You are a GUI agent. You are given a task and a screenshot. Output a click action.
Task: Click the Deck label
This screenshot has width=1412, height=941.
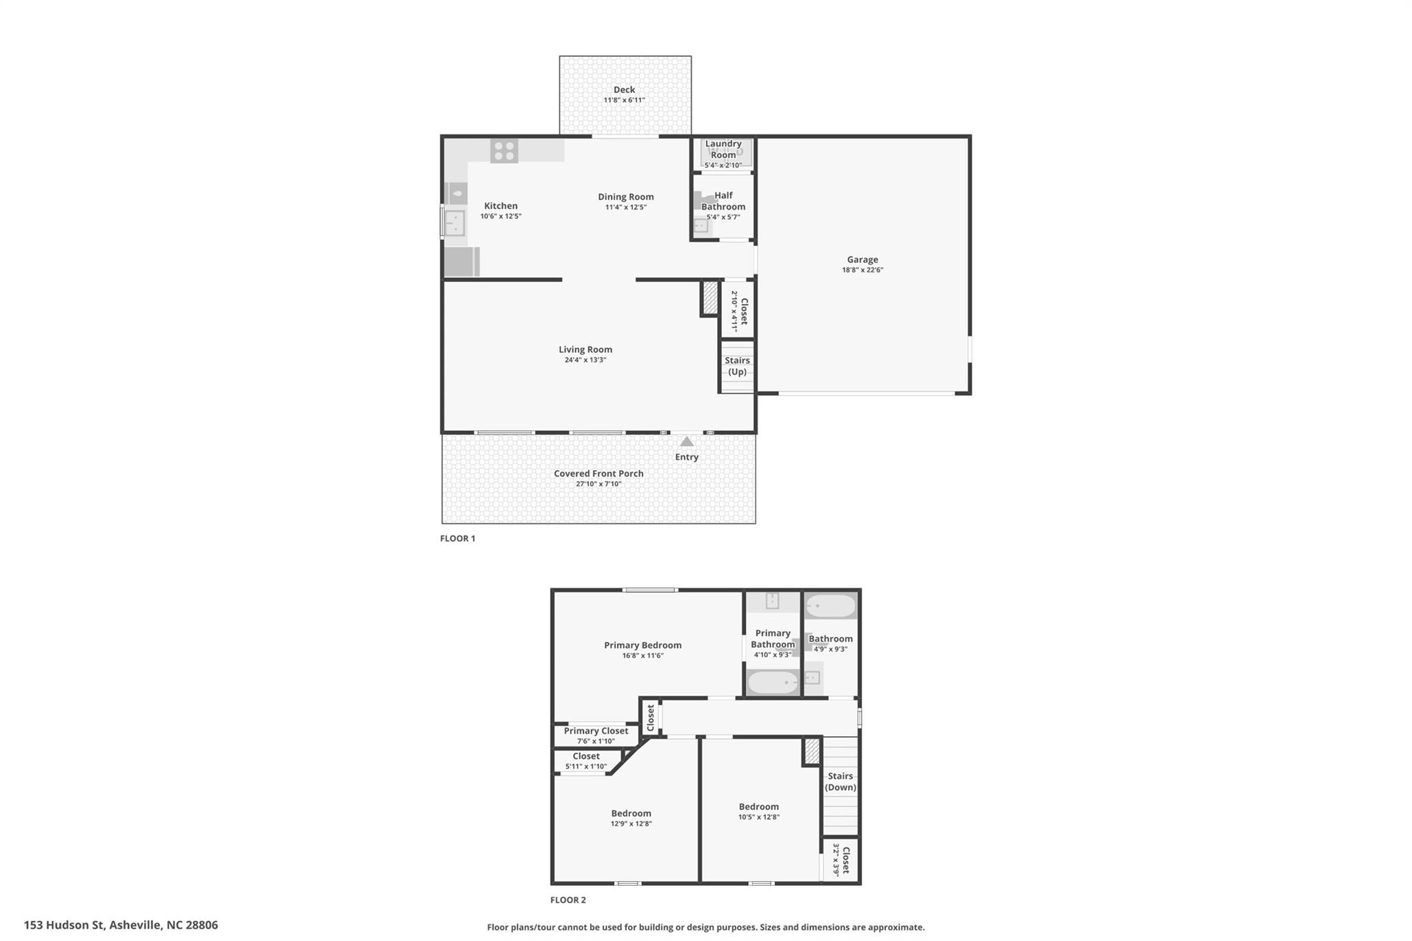point(624,90)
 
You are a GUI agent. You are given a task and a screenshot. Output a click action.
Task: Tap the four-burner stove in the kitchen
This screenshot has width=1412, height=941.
point(504,151)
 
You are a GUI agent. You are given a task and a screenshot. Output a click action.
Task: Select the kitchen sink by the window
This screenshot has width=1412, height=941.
point(454,223)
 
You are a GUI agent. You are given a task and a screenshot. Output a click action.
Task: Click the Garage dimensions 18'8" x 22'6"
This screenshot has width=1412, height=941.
point(862,270)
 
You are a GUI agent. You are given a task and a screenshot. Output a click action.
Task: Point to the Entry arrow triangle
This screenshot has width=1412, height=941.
point(687,441)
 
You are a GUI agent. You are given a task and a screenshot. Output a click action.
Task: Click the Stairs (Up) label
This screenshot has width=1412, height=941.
point(737,366)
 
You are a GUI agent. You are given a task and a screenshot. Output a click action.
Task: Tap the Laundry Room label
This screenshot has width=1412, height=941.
point(723,149)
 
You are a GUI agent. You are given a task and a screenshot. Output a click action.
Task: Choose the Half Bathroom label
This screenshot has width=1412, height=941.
point(723,201)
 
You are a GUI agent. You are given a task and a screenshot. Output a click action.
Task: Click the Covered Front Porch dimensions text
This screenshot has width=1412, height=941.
point(598,484)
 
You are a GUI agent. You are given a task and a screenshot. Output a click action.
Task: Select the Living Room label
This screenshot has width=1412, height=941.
point(585,350)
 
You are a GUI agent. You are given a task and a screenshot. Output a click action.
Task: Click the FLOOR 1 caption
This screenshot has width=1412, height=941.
point(458,538)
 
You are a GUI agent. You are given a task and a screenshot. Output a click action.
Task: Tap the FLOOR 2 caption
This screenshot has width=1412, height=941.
point(568,900)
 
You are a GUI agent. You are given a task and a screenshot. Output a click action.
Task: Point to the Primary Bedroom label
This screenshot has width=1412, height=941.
point(643,645)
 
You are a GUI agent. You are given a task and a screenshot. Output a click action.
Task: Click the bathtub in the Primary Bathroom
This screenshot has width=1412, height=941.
point(773,682)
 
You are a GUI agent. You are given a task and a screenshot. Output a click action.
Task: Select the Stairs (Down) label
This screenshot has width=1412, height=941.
point(840,782)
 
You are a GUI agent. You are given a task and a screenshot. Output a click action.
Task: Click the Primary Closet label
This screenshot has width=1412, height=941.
point(596,731)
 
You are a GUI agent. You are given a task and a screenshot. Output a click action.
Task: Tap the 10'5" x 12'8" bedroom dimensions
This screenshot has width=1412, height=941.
point(758,817)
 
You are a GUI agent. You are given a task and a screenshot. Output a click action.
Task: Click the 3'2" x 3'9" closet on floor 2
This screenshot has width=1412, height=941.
point(841,860)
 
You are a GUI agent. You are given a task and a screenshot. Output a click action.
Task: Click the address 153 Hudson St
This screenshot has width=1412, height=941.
point(121,925)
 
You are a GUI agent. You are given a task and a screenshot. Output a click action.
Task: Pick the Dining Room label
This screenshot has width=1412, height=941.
point(625,197)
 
